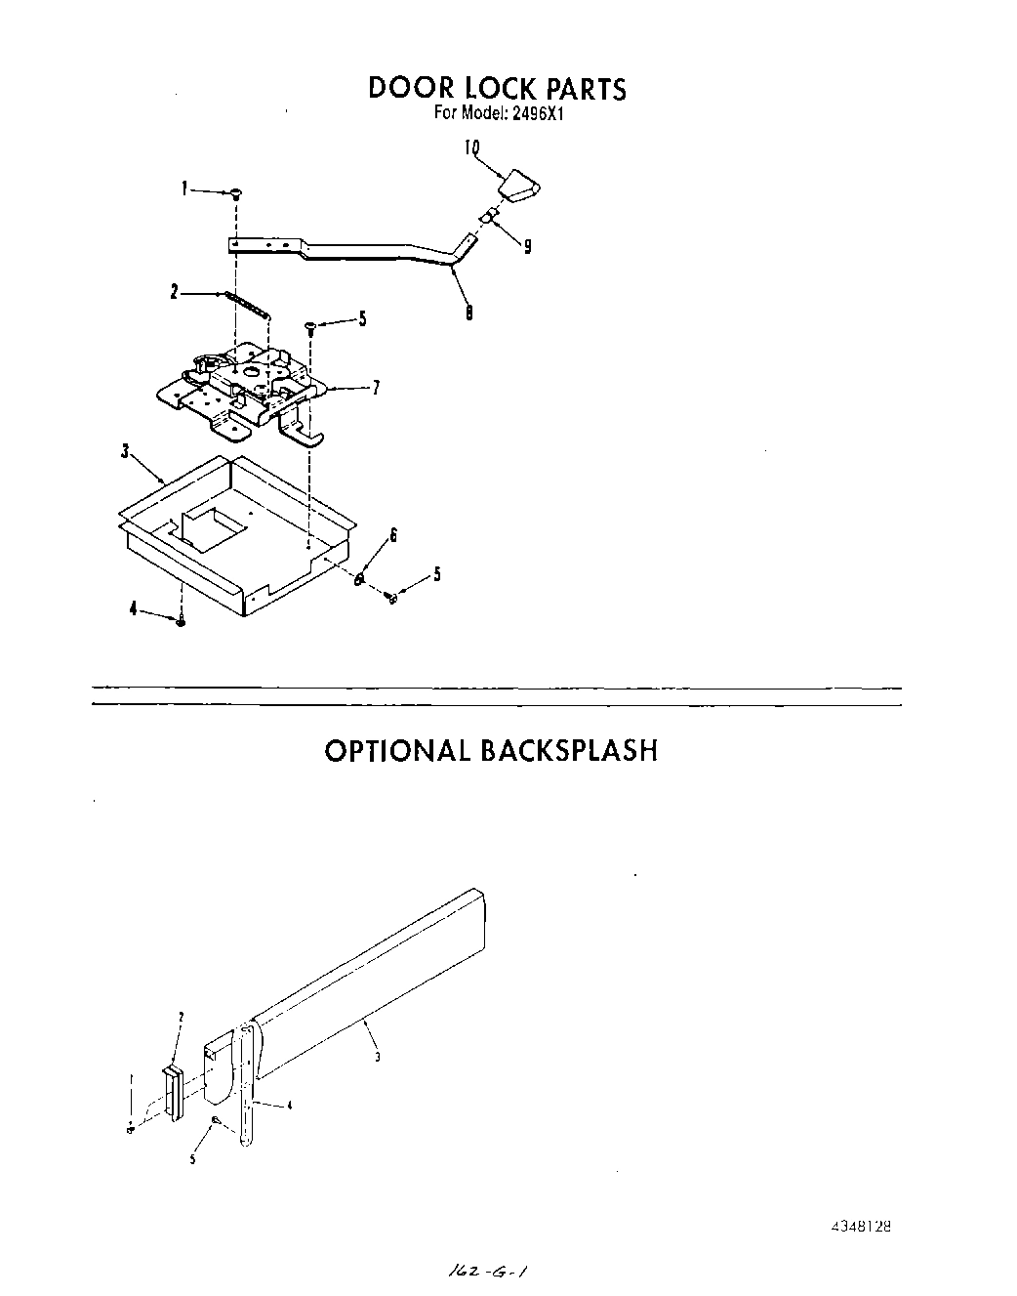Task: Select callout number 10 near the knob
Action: (x=471, y=147)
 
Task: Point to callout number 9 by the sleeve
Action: (x=527, y=247)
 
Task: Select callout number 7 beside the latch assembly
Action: (x=376, y=388)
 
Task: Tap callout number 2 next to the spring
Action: (x=175, y=292)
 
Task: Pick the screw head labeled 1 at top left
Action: (x=236, y=194)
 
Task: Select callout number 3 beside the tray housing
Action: (x=124, y=451)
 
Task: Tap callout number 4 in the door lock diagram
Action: (x=133, y=609)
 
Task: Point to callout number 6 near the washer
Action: (x=393, y=534)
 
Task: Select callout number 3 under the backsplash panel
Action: (x=377, y=1057)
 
